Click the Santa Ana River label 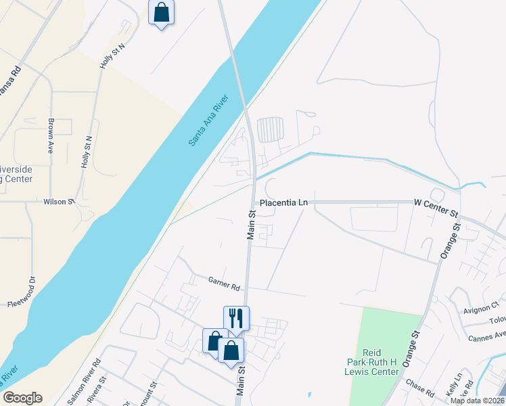tap(209, 120)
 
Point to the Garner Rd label tap(225, 284)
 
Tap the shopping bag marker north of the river tap(161, 12)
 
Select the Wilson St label tap(60, 202)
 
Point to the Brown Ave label tap(51, 136)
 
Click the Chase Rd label tap(419, 386)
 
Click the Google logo tap(22, 398)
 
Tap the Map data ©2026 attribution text tap(477, 401)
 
